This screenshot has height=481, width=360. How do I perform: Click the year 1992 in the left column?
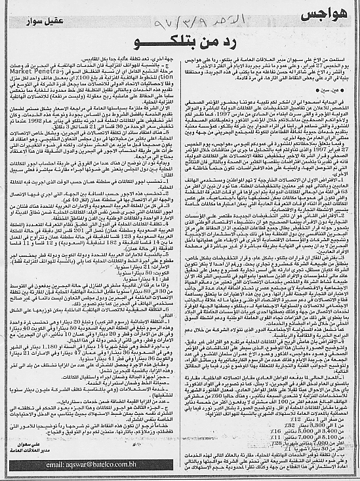(144, 132)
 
